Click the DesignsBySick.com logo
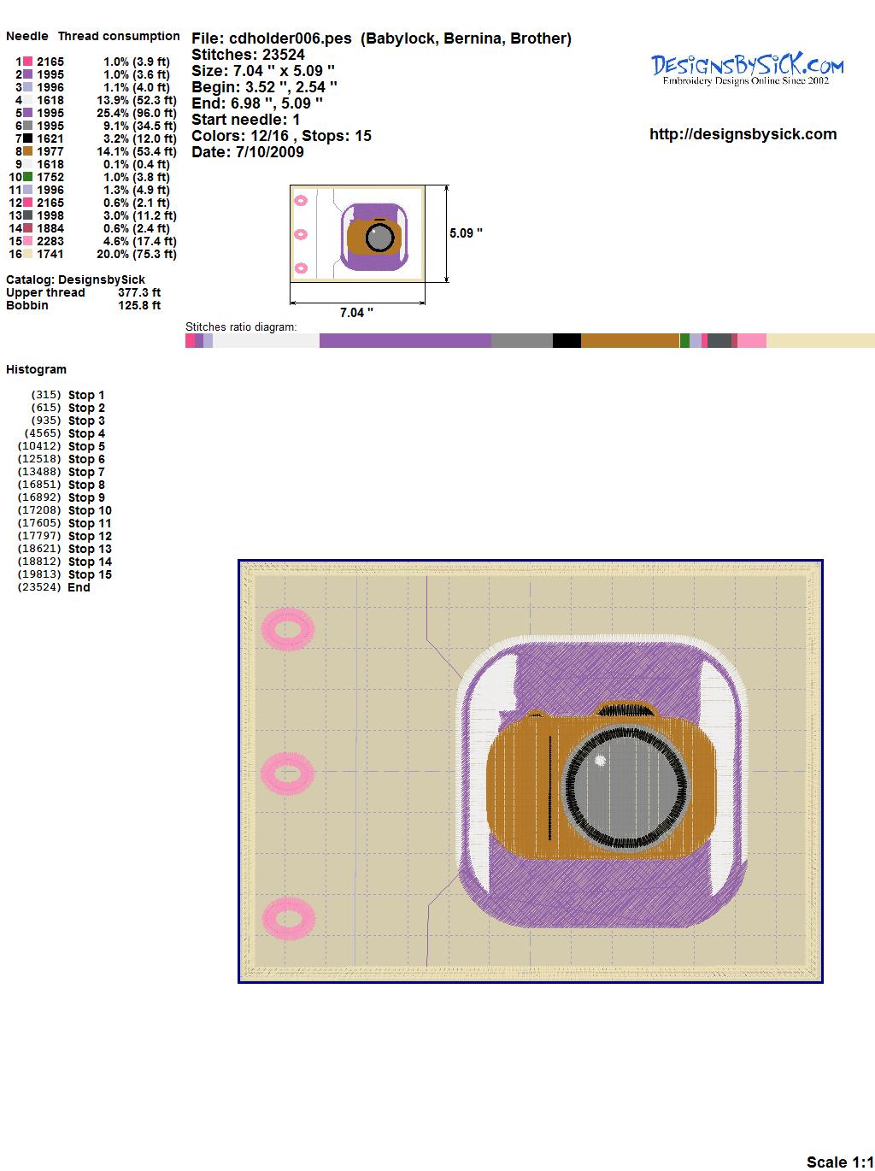pyautogui.click(x=747, y=69)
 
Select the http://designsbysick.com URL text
pyautogui.click(x=743, y=134)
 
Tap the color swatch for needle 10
pyautogui.click(x=27, y=177)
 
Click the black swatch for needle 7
pyautogui.click(x=27, y=138)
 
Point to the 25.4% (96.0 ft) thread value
pyautogui.click(x=137, y=113)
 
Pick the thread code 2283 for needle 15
pyautogui.click(x=50, y=241)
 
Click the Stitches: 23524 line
pyautogui.click(x=248, y=55)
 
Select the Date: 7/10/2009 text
pyautogui.click(x=248, y=152)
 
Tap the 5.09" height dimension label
pyautogui.click(x=466, y=233)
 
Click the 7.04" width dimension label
pyautogui.click(x=356, y=313)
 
